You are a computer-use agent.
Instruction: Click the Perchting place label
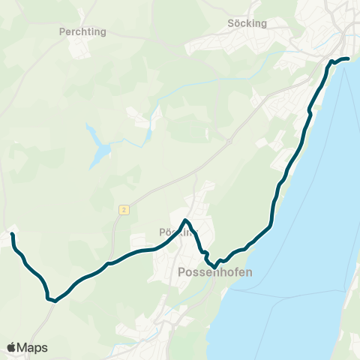coord(82,32)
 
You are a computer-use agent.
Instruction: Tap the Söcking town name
coord(247,23)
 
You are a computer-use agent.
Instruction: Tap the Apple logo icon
coord(11,347)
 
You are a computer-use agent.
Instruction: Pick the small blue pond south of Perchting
coord(98,146)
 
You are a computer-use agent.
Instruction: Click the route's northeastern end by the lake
coord(348,58)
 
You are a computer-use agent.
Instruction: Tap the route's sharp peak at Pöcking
coord(186,220)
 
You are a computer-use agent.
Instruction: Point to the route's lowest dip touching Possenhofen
coord(215,266)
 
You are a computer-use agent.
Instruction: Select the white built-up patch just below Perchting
coord(78,49)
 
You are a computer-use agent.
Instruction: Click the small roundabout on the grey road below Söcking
coord(229,140)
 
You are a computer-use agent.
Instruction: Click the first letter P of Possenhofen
coord(182,273)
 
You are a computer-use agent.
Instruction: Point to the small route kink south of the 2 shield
coord(109,263)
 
